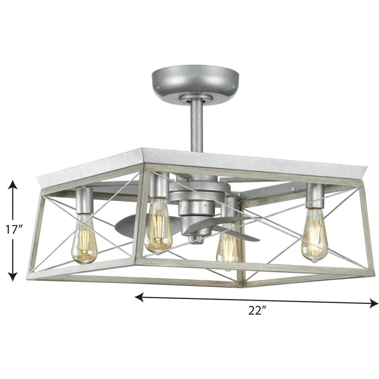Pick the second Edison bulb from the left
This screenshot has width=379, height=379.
click(x=158, y=225)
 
